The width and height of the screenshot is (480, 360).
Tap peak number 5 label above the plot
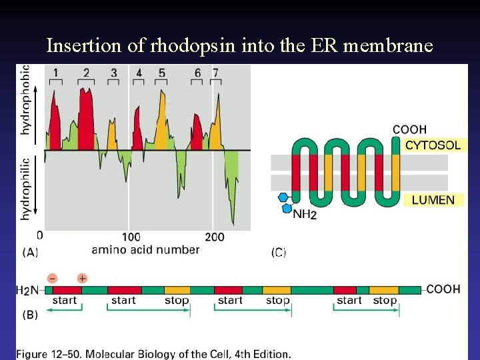pos(162,72)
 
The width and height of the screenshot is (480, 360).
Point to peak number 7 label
pos(215,72)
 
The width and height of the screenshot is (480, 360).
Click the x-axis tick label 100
pos(131,237)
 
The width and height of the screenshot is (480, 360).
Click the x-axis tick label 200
pos(214,237)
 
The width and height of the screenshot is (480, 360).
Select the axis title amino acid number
pos(145,250)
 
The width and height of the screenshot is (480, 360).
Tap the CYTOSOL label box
pos(433,145)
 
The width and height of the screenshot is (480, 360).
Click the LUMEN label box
pos(433,199)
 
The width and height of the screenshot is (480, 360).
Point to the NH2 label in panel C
pos(305,214)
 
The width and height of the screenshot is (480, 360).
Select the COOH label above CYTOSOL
pos(409,129)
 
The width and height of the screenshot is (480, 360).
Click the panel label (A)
pos(31,252)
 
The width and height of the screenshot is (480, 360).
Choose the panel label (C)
pos(279,253)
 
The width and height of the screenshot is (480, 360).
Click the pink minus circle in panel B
pos(52,277)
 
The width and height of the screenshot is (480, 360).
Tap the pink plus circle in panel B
pos(82,277)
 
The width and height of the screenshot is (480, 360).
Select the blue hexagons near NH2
pos(285,203)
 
